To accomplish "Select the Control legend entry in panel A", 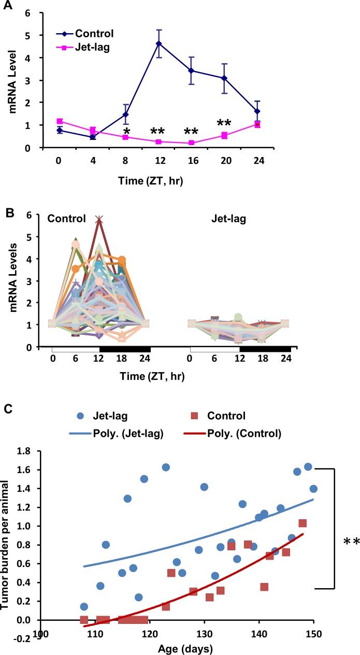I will [x=94, y=34].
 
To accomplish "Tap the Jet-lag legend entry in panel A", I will [x=94, y=47].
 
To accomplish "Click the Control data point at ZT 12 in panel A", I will [x=159, y=44].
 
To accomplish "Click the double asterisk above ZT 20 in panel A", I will [x=224, y=124].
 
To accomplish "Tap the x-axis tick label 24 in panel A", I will [x=257, y=161].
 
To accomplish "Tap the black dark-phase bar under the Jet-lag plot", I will [x=265, y=349].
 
